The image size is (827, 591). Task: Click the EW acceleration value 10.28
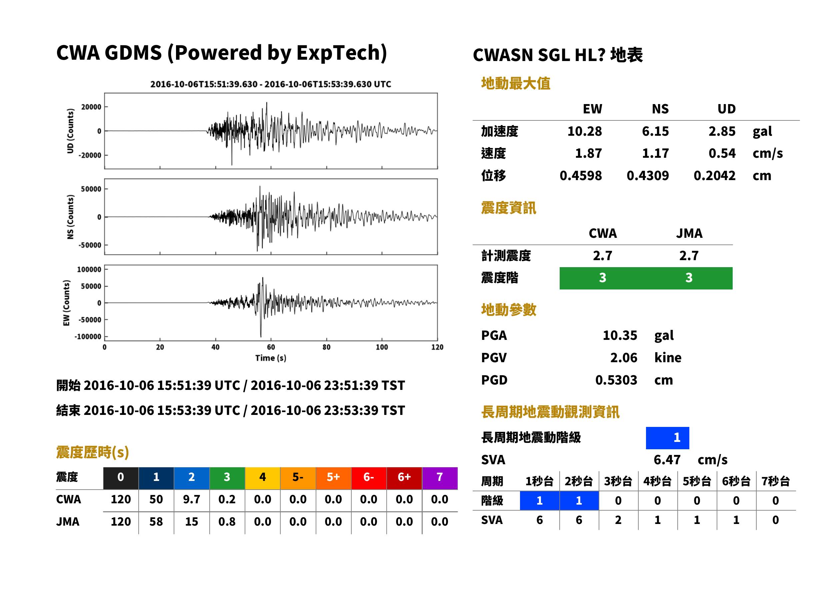coord(584,131)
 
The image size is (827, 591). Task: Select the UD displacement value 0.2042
coord(714,175)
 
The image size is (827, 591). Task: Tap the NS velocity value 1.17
coord(655,153)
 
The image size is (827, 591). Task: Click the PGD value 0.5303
coord(616,380)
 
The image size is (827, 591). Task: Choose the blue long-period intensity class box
coord(667,438)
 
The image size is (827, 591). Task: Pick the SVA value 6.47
coord(667,460)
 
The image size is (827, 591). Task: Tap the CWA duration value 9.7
coord(192,499)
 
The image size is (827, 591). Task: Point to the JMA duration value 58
coord(156,522)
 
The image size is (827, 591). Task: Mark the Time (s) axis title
coord(271,358)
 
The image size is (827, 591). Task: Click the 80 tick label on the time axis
coord(326,347)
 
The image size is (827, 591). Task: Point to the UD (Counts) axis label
coord(70,131)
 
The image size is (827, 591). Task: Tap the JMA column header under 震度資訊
coord(689,233)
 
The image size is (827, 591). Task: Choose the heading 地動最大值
coord(516,83)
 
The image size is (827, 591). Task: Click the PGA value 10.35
coord(620,335)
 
